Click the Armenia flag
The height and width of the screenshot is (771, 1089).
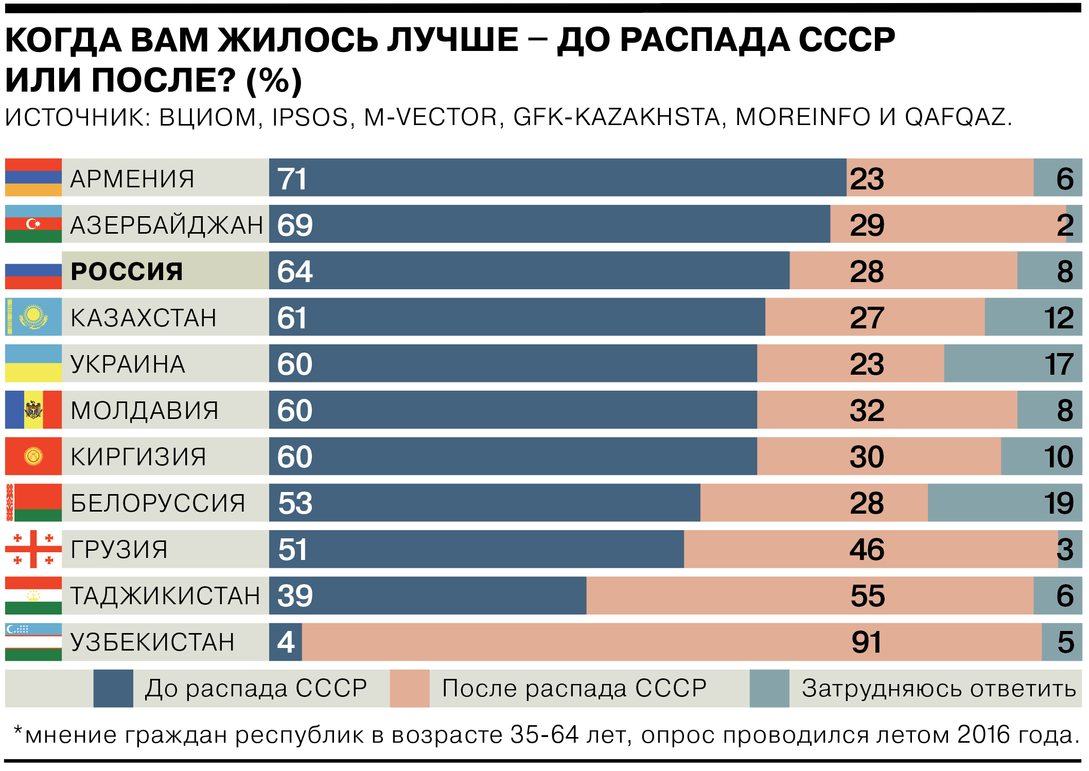pos(33,178)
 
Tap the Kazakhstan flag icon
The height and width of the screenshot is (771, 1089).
pos(33,317)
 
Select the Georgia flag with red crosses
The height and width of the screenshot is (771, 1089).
pos(33,549)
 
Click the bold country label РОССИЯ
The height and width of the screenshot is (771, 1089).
pos(127,271)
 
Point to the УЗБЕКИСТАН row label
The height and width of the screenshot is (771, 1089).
pos(152,642)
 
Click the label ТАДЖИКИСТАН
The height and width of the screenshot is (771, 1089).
pos(165,596)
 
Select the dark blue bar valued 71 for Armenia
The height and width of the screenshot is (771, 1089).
pos(557,178)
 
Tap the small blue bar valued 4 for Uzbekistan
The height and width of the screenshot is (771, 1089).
pos(286,642)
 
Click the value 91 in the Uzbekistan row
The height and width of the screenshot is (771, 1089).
pos(867,642)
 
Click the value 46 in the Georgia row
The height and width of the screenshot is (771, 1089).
pos(867,549)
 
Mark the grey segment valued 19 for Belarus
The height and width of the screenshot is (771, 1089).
pos(1005,503)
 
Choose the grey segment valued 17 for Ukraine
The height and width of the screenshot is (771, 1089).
pos(1013,364)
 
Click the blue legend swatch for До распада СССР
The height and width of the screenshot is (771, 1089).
pos(113,688)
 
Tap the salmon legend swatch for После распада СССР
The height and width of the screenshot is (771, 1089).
pos(410,688)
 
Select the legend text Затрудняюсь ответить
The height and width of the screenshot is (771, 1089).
pos(939,689)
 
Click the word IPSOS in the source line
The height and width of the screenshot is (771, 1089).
pos(310,117)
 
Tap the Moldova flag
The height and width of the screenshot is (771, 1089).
pos(33,410)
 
